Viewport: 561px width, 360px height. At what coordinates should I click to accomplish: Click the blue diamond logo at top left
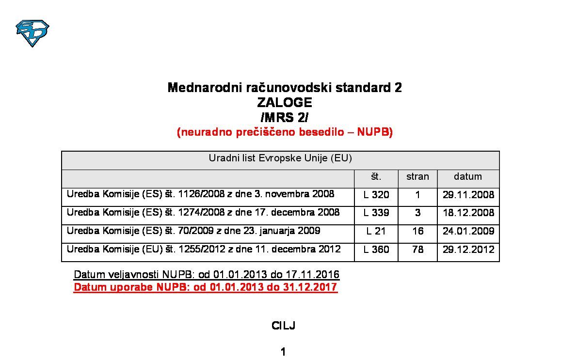[32, 32]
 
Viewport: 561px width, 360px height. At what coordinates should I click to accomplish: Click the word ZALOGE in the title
[284, 103]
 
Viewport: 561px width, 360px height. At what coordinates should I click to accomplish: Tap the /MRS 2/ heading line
[284, 117]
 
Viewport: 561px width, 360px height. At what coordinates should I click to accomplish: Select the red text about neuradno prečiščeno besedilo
[285, 132]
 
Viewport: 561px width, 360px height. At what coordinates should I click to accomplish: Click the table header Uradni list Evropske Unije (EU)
[280, 158]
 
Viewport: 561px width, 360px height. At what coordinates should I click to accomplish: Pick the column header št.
[376, 177]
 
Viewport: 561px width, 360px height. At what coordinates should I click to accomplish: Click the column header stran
[417, 177]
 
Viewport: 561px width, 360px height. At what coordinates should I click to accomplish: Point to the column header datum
[467, 177]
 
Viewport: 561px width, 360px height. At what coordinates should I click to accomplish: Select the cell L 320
[376, 195]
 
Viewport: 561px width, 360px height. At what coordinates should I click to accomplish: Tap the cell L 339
[376, 213]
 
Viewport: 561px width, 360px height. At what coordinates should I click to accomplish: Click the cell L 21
[376, 231]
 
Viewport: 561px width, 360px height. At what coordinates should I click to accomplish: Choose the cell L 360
[376, 250]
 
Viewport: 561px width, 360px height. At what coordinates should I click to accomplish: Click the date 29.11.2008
[468, 195]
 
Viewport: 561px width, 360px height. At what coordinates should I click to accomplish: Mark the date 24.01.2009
[468, 231]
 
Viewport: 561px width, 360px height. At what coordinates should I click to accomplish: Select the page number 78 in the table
[417, 250]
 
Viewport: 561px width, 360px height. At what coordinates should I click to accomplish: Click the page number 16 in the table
[417, 231]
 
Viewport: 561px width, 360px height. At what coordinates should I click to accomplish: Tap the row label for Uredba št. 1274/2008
[203, 213]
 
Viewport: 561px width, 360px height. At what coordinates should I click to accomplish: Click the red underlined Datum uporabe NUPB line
[205, 287]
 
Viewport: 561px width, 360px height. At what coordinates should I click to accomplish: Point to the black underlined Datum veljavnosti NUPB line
[207, 275]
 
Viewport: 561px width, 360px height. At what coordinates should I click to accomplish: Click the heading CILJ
[283, 326]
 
